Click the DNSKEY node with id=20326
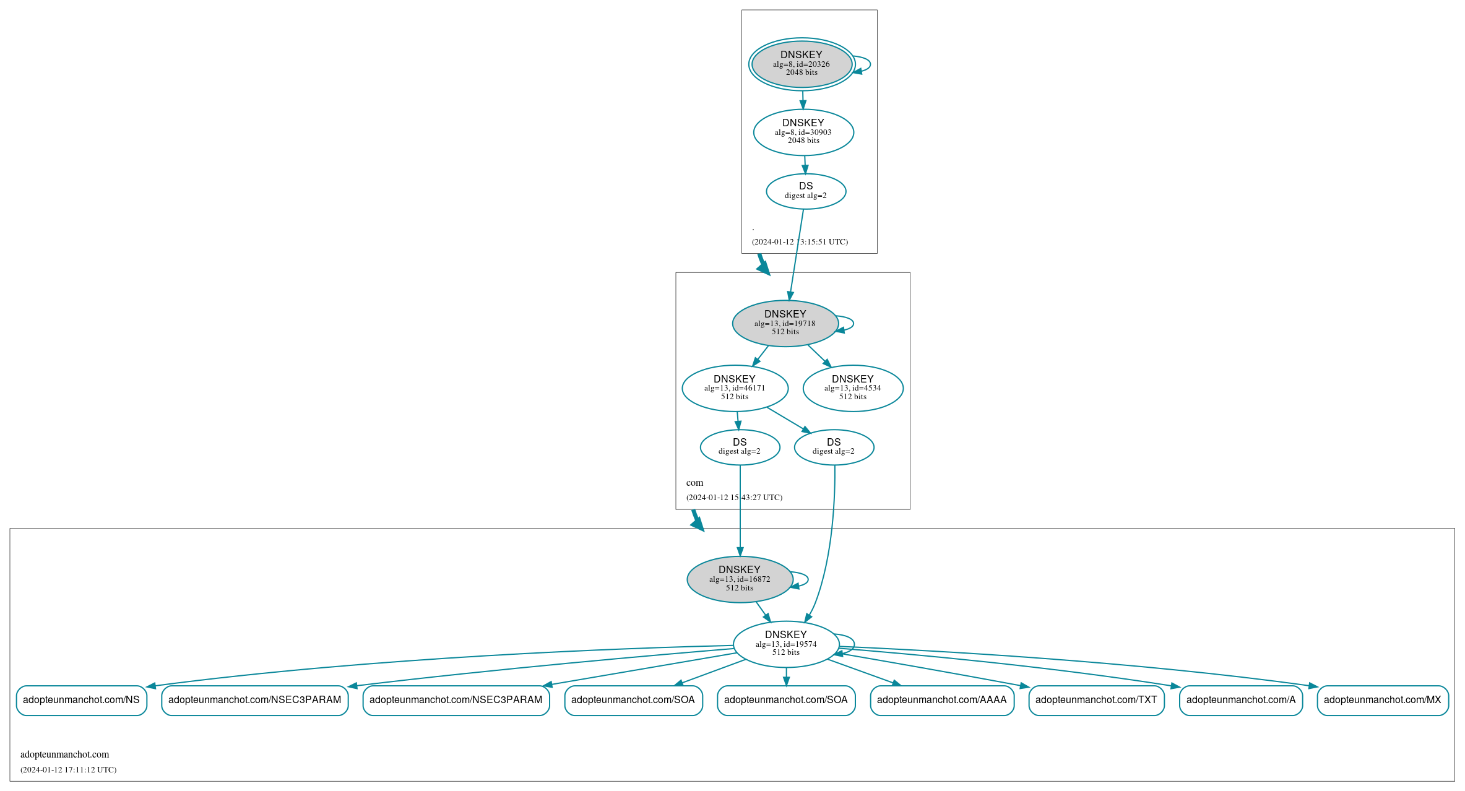[x=802, y=64]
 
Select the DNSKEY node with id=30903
[x=803, y=132]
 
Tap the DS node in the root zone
[x=806, y=191]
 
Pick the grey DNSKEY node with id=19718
[x=785, y=323]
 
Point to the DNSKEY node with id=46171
[x=735, y=388]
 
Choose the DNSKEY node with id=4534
[x=853, y=388]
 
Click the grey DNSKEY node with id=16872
[x=740, y=579]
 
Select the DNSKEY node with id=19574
[x=786, y=644]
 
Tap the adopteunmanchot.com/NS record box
[x=81, y=700]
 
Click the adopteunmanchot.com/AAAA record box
[x=941, y=700]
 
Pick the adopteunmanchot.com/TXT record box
[x=1096, y=700]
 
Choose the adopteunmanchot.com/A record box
[x=1240, y=700]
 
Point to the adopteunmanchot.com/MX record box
[x=1382, y=700]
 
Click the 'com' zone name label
[x=694, y=483]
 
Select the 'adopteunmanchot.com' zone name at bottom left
[x=64, y=754]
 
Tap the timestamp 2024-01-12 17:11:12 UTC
[x=68, y=770]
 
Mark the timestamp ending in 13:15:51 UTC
[x=800, y=242]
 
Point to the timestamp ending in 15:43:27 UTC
[x=734, y=498]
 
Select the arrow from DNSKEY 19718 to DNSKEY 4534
[x=819, y=356]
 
